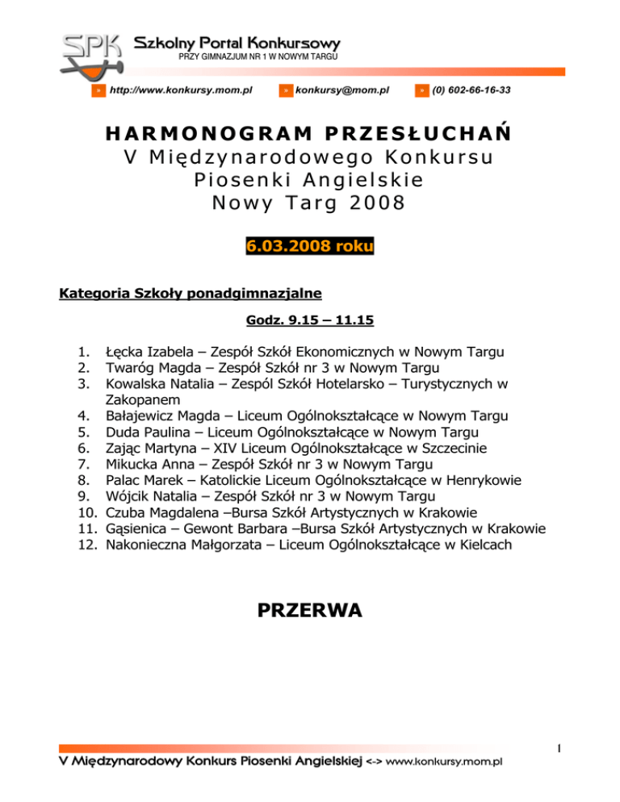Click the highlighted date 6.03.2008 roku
click(309, 245)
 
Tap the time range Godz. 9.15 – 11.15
click(309, 320)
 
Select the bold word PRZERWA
click(309, 611)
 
